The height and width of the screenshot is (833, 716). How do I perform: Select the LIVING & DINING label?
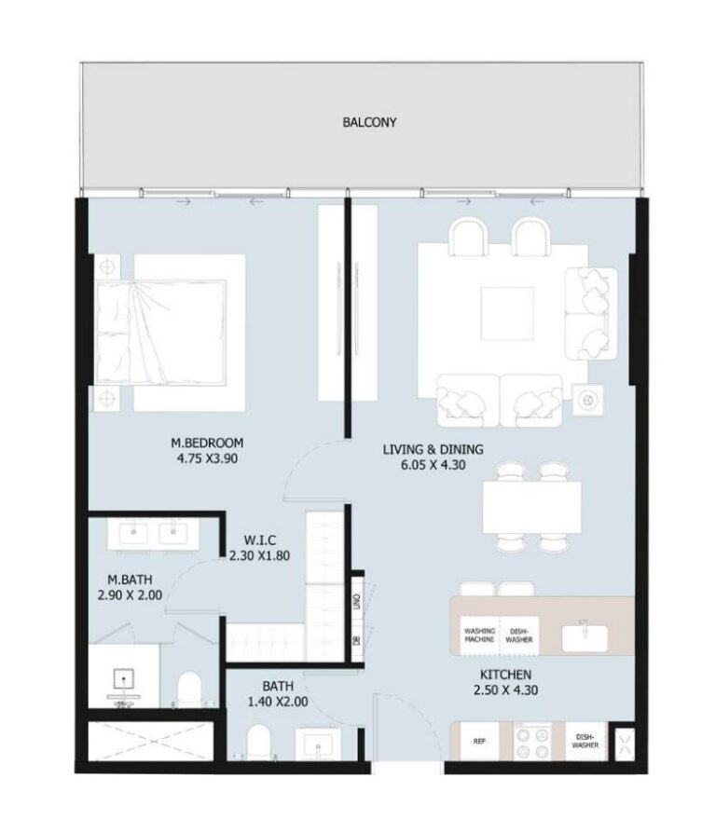(x=425, y=451)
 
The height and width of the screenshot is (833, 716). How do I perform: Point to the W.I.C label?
(x=256, y=539)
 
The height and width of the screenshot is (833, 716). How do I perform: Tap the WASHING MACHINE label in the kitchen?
(x=479, y=635)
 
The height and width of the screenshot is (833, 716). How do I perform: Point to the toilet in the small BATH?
(x=257, y=744)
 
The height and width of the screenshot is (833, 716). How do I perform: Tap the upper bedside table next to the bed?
(x=107, y=266)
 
